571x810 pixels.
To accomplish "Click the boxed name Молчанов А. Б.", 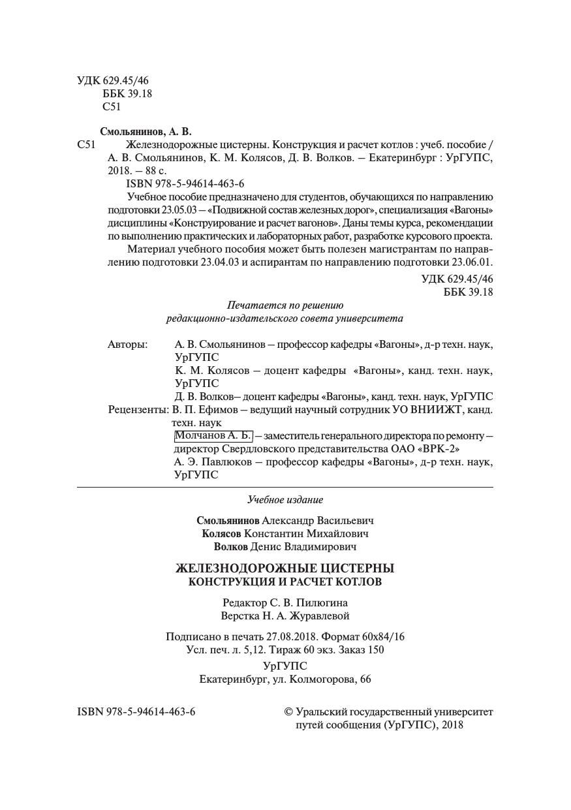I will (x=213, y=435).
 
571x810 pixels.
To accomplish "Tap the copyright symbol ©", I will (x=288, y=711).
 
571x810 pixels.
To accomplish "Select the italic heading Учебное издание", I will (x=285, y=500).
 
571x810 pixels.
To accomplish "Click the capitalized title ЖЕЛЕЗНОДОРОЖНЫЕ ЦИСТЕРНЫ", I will (x=285, y=569).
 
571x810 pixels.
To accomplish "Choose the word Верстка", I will (x=239, y=615).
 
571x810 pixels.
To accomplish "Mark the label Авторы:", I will (x=127, y=344).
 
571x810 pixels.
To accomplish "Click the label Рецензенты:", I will (x=138, y=410).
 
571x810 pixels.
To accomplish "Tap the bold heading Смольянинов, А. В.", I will (x=146, y=131).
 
